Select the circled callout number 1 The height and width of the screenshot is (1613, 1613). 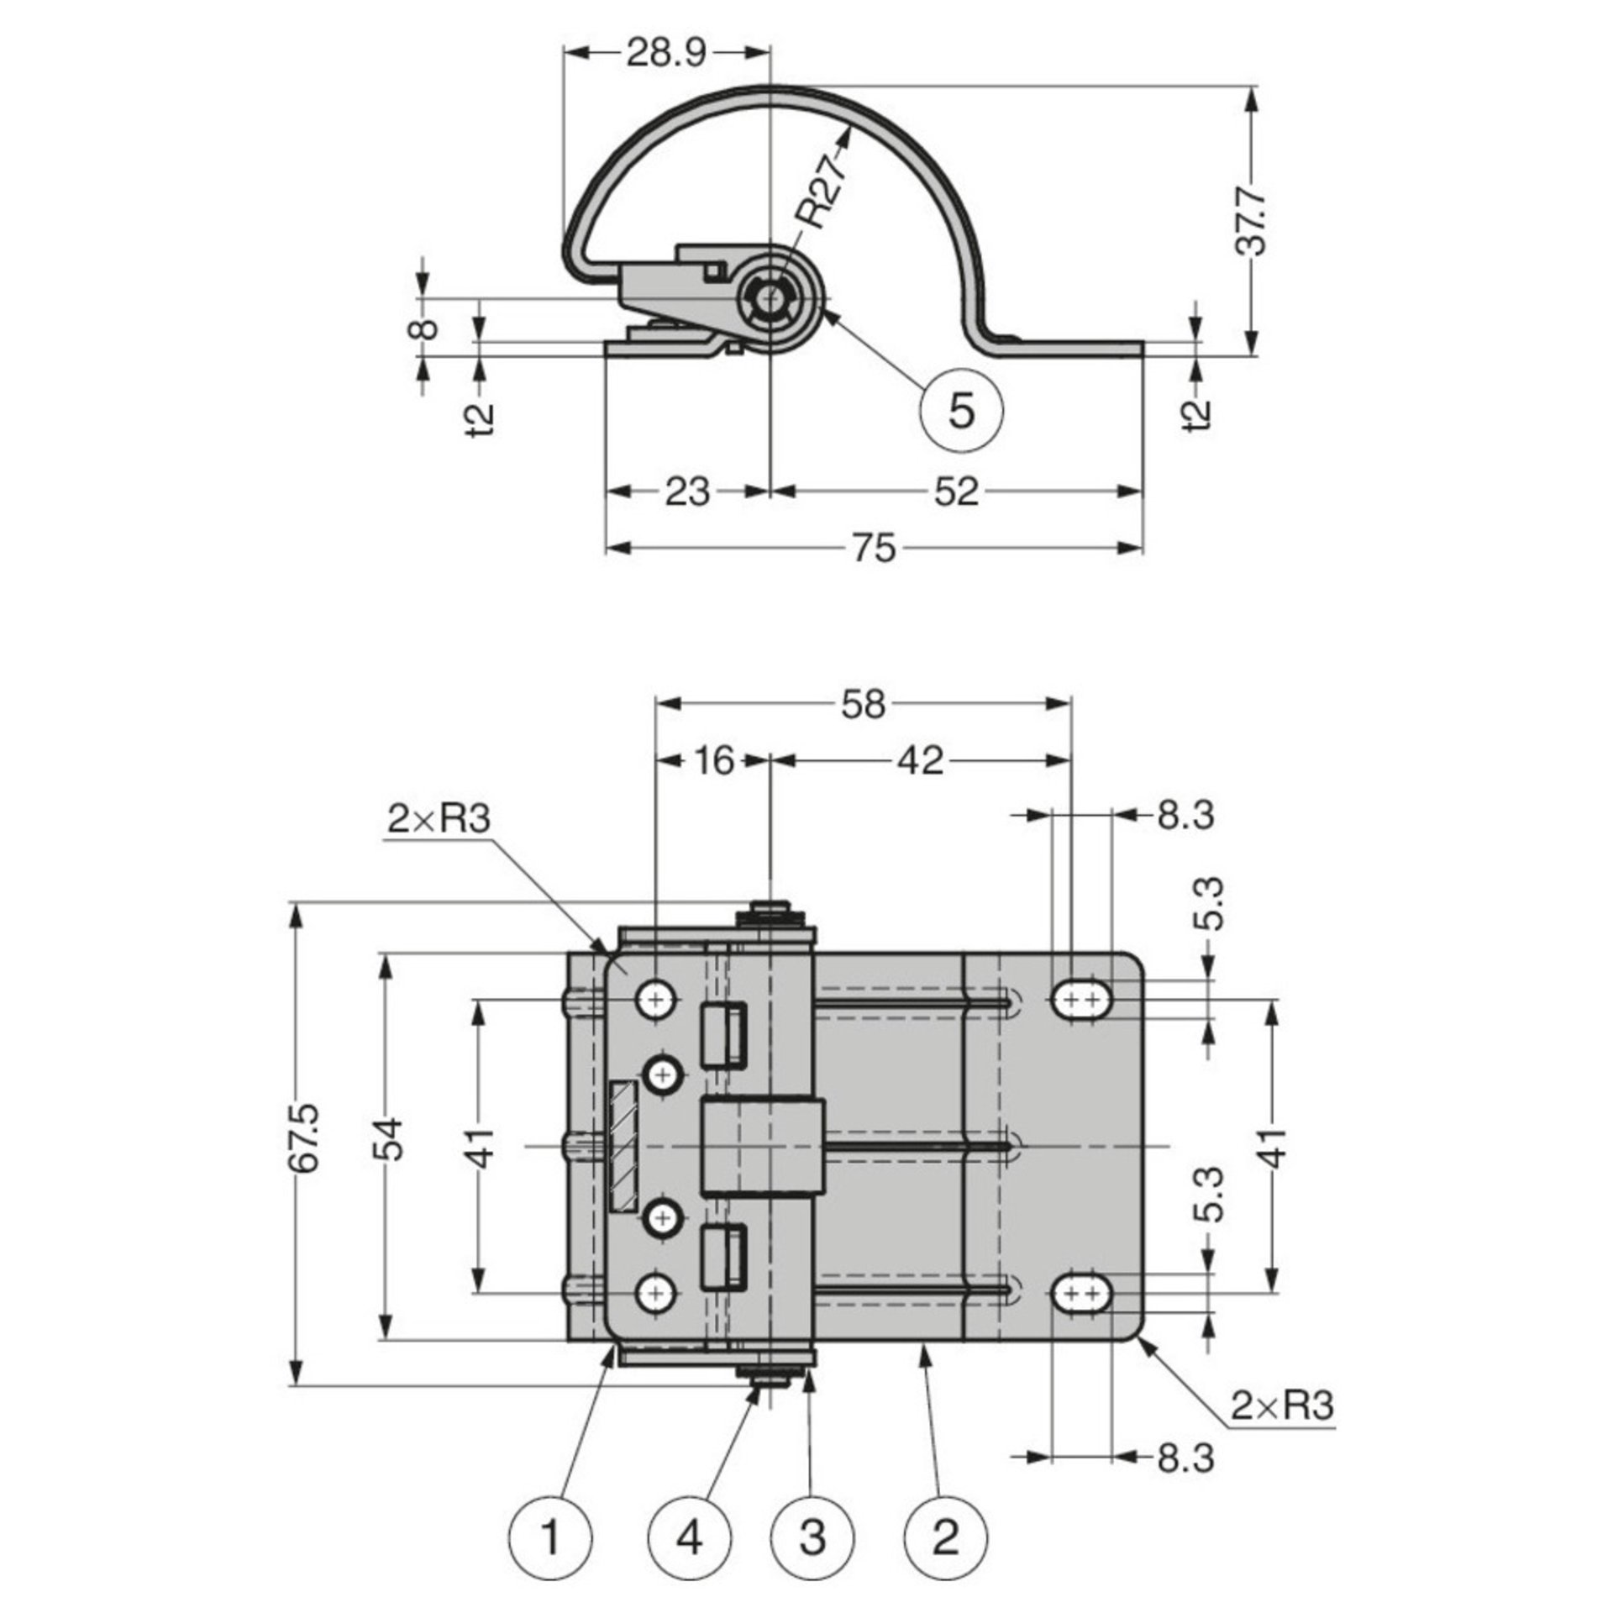[551, 1539]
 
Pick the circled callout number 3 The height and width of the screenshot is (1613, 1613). [812, 1539]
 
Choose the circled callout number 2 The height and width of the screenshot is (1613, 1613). [946, 1539]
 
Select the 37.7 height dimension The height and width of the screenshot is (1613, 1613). [1253, 222]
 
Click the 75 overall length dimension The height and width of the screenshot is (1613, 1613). [875, 549]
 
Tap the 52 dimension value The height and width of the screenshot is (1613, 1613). [956, 491]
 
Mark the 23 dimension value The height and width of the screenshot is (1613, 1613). [687, 491]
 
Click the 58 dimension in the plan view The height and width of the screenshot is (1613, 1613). [863, 705]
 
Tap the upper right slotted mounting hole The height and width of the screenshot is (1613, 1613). [1080, 1000]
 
